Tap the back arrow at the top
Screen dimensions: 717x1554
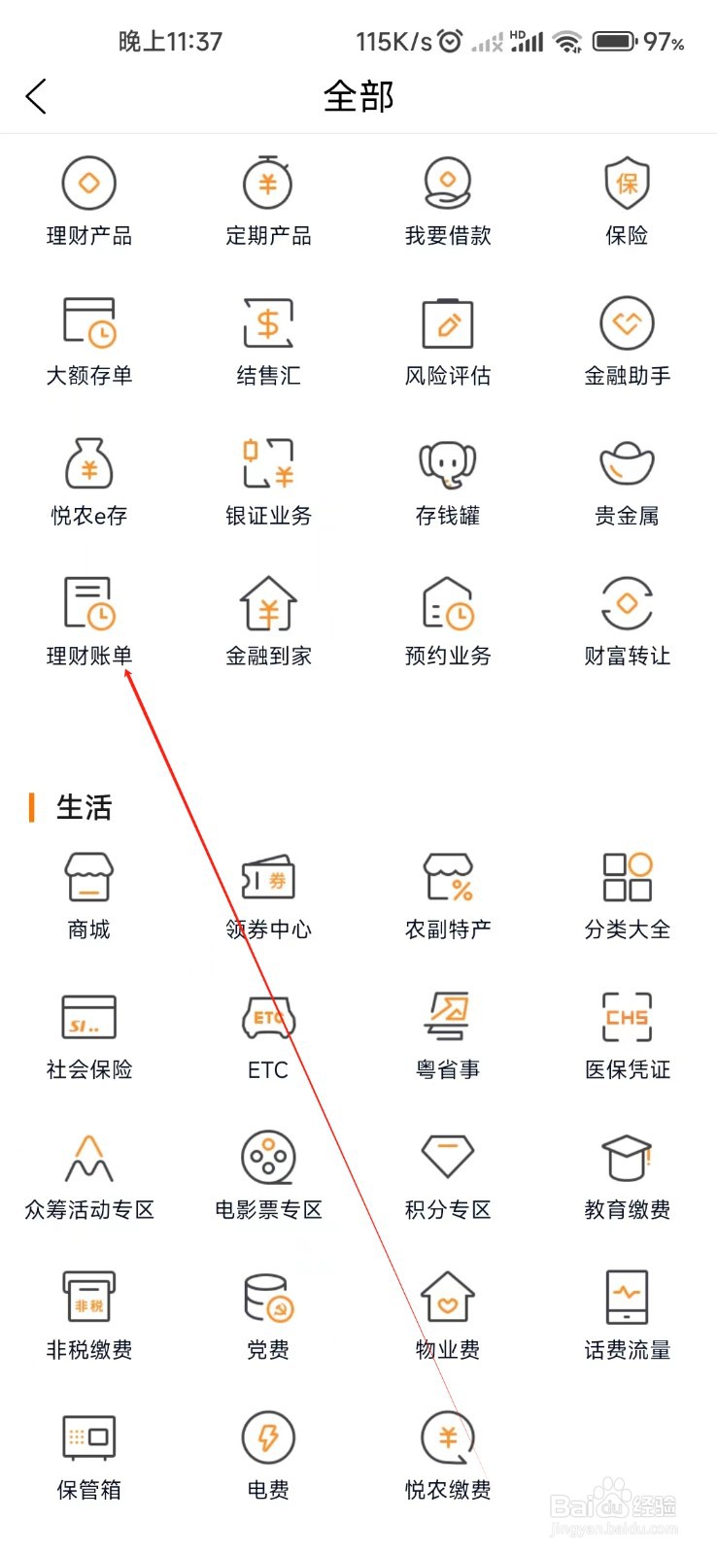(36, 96)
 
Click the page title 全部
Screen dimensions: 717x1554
(358, 96)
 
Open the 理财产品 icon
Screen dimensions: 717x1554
(89, 183)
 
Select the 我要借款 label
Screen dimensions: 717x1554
(448, 236)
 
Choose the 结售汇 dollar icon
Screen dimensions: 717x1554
(268, 323)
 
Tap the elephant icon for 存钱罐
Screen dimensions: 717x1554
(448, 463)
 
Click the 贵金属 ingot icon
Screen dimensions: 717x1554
(627, 463)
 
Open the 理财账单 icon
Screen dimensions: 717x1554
(89, 603)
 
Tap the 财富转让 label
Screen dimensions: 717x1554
(627, 657)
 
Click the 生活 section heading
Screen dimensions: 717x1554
(84, 807)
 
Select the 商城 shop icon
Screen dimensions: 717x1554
(89, 877)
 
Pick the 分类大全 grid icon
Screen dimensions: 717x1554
(627, 877)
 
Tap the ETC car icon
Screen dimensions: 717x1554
(268, 1017)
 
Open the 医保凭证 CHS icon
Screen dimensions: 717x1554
(627, 1017)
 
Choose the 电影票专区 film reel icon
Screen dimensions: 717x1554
(268, 1157)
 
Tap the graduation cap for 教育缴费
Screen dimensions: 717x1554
(627, 1157)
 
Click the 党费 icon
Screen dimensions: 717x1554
(268, 1298)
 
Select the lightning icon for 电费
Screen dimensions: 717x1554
(268, 1437)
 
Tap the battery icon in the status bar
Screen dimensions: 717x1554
(614, 42)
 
